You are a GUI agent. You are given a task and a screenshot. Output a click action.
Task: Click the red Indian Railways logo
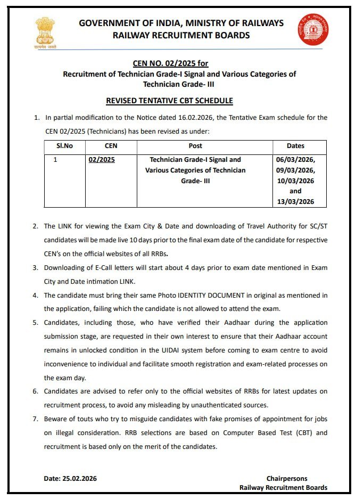coord(313,30)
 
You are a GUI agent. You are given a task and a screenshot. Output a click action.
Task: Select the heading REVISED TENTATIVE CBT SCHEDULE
coord(169,101)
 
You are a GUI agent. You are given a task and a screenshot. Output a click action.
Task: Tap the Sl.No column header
coord(64,145)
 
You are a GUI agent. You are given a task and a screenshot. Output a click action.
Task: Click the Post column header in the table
coord(195,145)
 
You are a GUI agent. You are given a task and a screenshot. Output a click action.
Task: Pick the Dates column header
coord(295,145)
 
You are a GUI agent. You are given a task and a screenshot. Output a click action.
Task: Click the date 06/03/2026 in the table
coord(295,159)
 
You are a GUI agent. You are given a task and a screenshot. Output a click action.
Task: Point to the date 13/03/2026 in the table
coord(295,201)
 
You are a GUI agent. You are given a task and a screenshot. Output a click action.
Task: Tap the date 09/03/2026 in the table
coord(295,170)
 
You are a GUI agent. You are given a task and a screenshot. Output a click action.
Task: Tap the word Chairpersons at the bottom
coord(287,478)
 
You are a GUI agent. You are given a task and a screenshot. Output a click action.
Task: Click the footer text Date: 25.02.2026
coord(70,478)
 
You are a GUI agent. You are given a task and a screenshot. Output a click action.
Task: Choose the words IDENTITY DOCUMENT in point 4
coord(204,295)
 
